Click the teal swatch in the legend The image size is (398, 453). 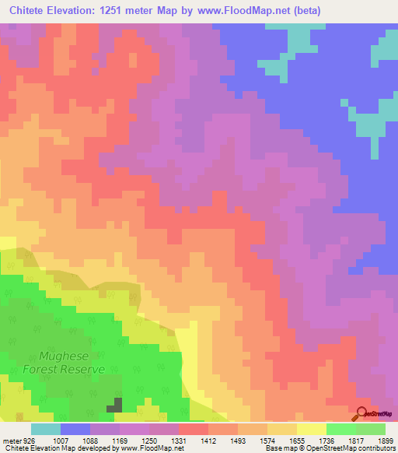pos(46,429)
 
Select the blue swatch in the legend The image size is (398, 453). pos(75,429)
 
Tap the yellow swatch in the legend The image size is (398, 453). pos(311,429)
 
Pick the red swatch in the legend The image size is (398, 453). pos(193,429)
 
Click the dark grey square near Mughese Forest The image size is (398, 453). pos(114,405)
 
